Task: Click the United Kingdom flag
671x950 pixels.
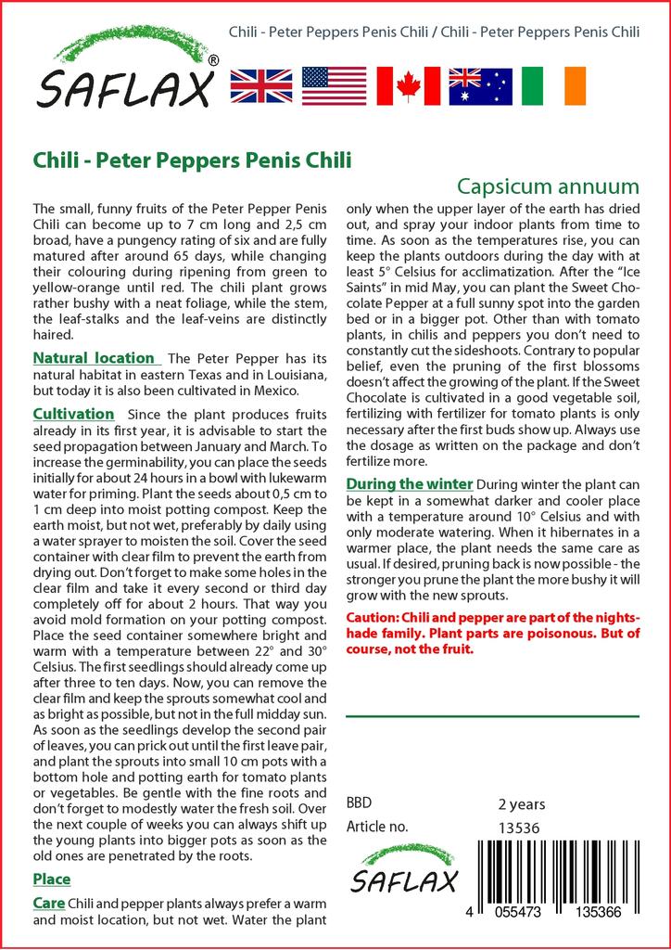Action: coord(260,85)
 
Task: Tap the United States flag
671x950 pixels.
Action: coord(334,85)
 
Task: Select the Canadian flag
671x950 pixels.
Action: coord(407,85)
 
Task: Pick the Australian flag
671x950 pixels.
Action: coord(480,85)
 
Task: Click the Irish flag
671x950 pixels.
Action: coord(553,85)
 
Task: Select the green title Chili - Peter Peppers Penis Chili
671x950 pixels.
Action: coord(192,160)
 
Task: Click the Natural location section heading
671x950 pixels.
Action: coord(94,358)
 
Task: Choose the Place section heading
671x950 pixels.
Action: coord(52,879)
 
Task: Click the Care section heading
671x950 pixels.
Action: coord(48,903)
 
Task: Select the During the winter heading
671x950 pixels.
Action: coord(409,484)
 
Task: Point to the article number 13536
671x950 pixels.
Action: coord(519,828)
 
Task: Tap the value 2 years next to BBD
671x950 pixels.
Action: coord(522,803)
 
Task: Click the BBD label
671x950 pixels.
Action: coord(359,803)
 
